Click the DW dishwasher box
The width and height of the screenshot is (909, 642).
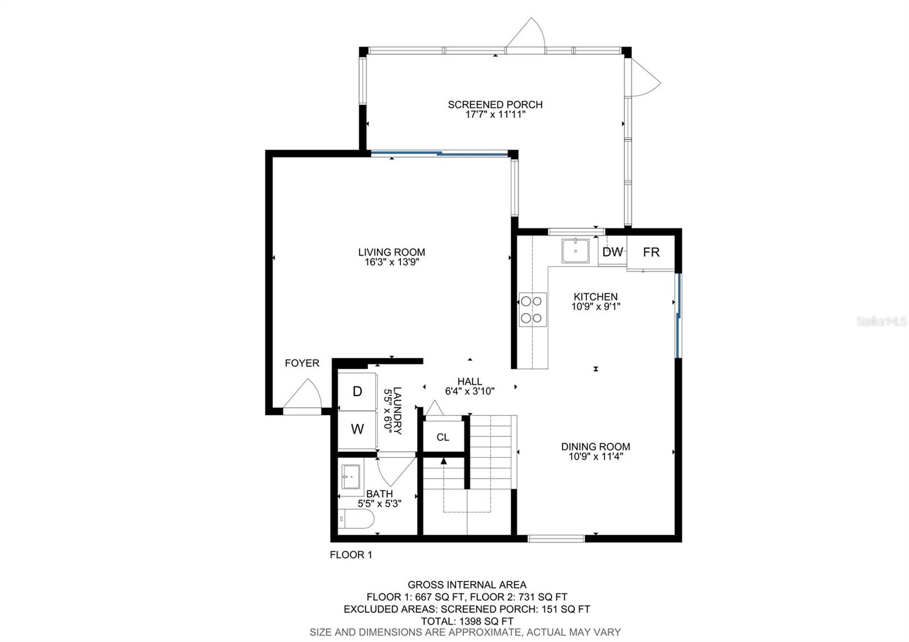point(612,252)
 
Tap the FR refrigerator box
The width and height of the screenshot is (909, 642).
point(651,252)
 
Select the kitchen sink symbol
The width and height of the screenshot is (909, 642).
point(575,251)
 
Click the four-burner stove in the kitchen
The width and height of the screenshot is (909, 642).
point(532,310)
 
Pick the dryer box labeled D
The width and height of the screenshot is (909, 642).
point(357,391)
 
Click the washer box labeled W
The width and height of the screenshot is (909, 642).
point(357,430)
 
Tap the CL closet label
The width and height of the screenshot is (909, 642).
point(443,437)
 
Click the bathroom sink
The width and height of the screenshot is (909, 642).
point(350,477)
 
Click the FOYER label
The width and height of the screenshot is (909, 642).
point(302,363)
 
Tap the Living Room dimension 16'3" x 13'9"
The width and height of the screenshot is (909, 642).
point(391,262)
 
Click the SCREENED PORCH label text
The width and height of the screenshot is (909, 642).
point(495,105)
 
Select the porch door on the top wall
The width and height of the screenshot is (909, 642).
point(527,35)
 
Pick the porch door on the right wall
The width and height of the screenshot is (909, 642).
point(645,77)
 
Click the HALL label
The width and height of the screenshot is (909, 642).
point(470,381)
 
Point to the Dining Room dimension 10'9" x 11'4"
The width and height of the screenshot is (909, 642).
point(595,456)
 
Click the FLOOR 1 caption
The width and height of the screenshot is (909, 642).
point(351,555)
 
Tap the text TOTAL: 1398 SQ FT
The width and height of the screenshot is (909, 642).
point(466,621)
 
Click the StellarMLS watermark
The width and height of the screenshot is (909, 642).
point(886,322)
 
